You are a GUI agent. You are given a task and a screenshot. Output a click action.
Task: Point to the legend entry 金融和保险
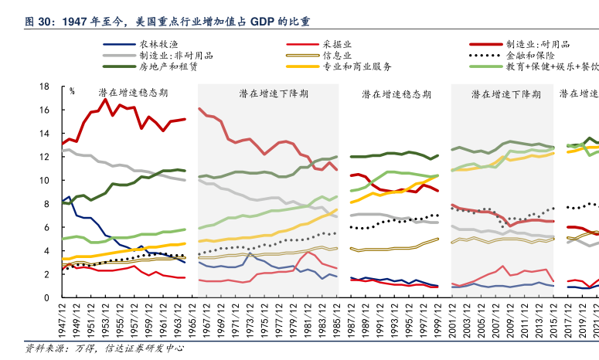point(534,56)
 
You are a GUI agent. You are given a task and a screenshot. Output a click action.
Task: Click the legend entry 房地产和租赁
point(168,67)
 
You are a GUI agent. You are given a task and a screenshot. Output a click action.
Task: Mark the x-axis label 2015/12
point(555,321)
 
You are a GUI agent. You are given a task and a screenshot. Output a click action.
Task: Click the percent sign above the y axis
point(72,91)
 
